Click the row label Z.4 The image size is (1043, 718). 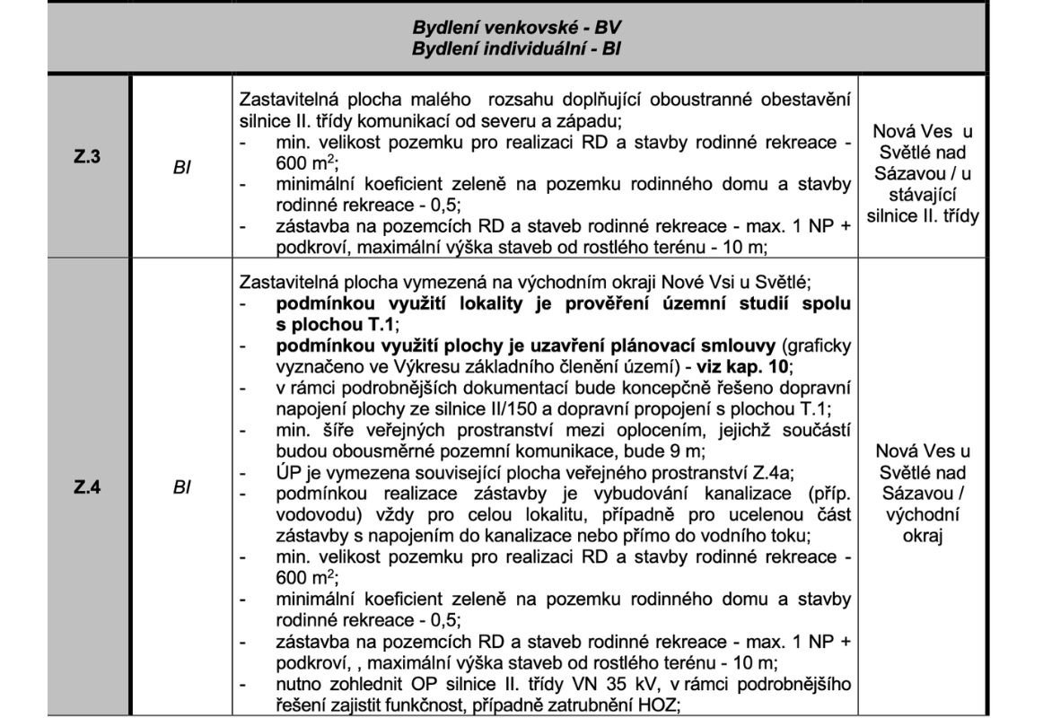[x=87, y=490]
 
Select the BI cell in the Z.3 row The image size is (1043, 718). [x=181, y=166]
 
